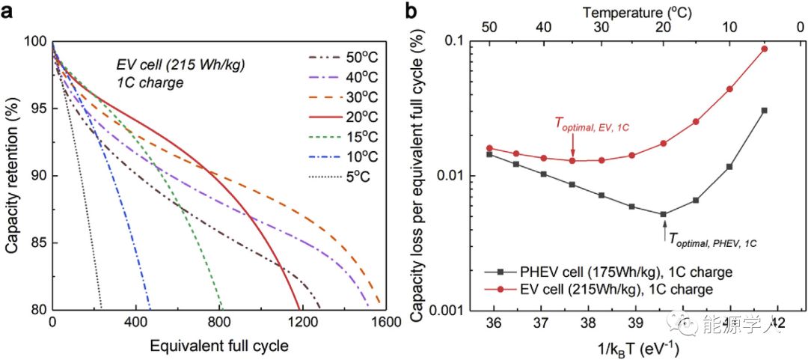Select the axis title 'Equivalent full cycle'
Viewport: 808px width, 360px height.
coord(218,346)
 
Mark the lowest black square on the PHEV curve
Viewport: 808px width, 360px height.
coord(664,214)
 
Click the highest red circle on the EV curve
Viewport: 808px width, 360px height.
coord(764,49)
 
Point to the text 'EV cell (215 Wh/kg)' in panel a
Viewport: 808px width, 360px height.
coord(180,65)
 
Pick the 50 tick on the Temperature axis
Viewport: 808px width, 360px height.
coord(489,27)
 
